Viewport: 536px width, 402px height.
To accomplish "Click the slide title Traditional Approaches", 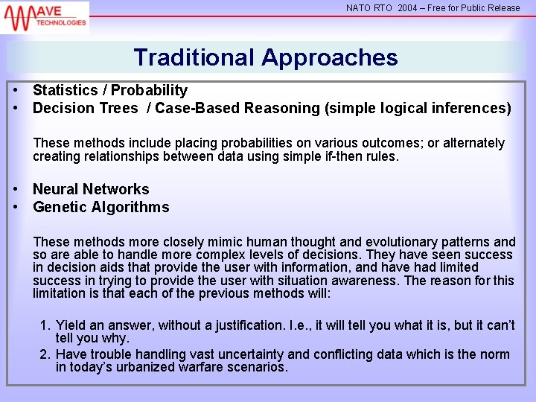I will point(266,57).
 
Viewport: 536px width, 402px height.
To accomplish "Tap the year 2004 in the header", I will point(407,8).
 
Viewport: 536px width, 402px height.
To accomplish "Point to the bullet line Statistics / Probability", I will point(110,90).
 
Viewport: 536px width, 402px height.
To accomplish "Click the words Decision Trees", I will point(86,108).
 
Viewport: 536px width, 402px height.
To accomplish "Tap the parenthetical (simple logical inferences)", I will point(418,108).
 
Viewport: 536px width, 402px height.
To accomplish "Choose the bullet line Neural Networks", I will point(91,189).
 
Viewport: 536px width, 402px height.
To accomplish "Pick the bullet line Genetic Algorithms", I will point(100,207).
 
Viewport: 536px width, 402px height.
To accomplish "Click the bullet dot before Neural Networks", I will point(16,189).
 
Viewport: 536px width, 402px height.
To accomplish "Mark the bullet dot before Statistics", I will point(16,90).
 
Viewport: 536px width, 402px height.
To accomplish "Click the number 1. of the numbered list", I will point(45,325).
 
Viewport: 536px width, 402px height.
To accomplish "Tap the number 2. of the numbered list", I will point(45,354).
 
